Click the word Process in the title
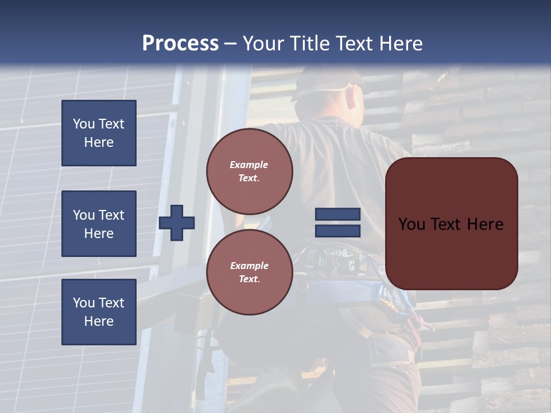(x=180, y=44)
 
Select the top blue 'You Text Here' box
(x=99, y=133)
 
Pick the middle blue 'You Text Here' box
(x=99, y=224)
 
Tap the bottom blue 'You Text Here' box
(x=99, y=311)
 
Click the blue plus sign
(x=177, y=223)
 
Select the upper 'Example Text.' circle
(x=249, y=172)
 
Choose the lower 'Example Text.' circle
(x=249, y=272)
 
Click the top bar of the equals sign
(x=337, y=215)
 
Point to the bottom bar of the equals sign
(x=337, y=231)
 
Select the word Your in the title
(x=264, y=44)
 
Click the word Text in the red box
(x=451, y=224)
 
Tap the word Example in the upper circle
(x=249, y=165)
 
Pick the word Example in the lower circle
(x=249, y=266)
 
